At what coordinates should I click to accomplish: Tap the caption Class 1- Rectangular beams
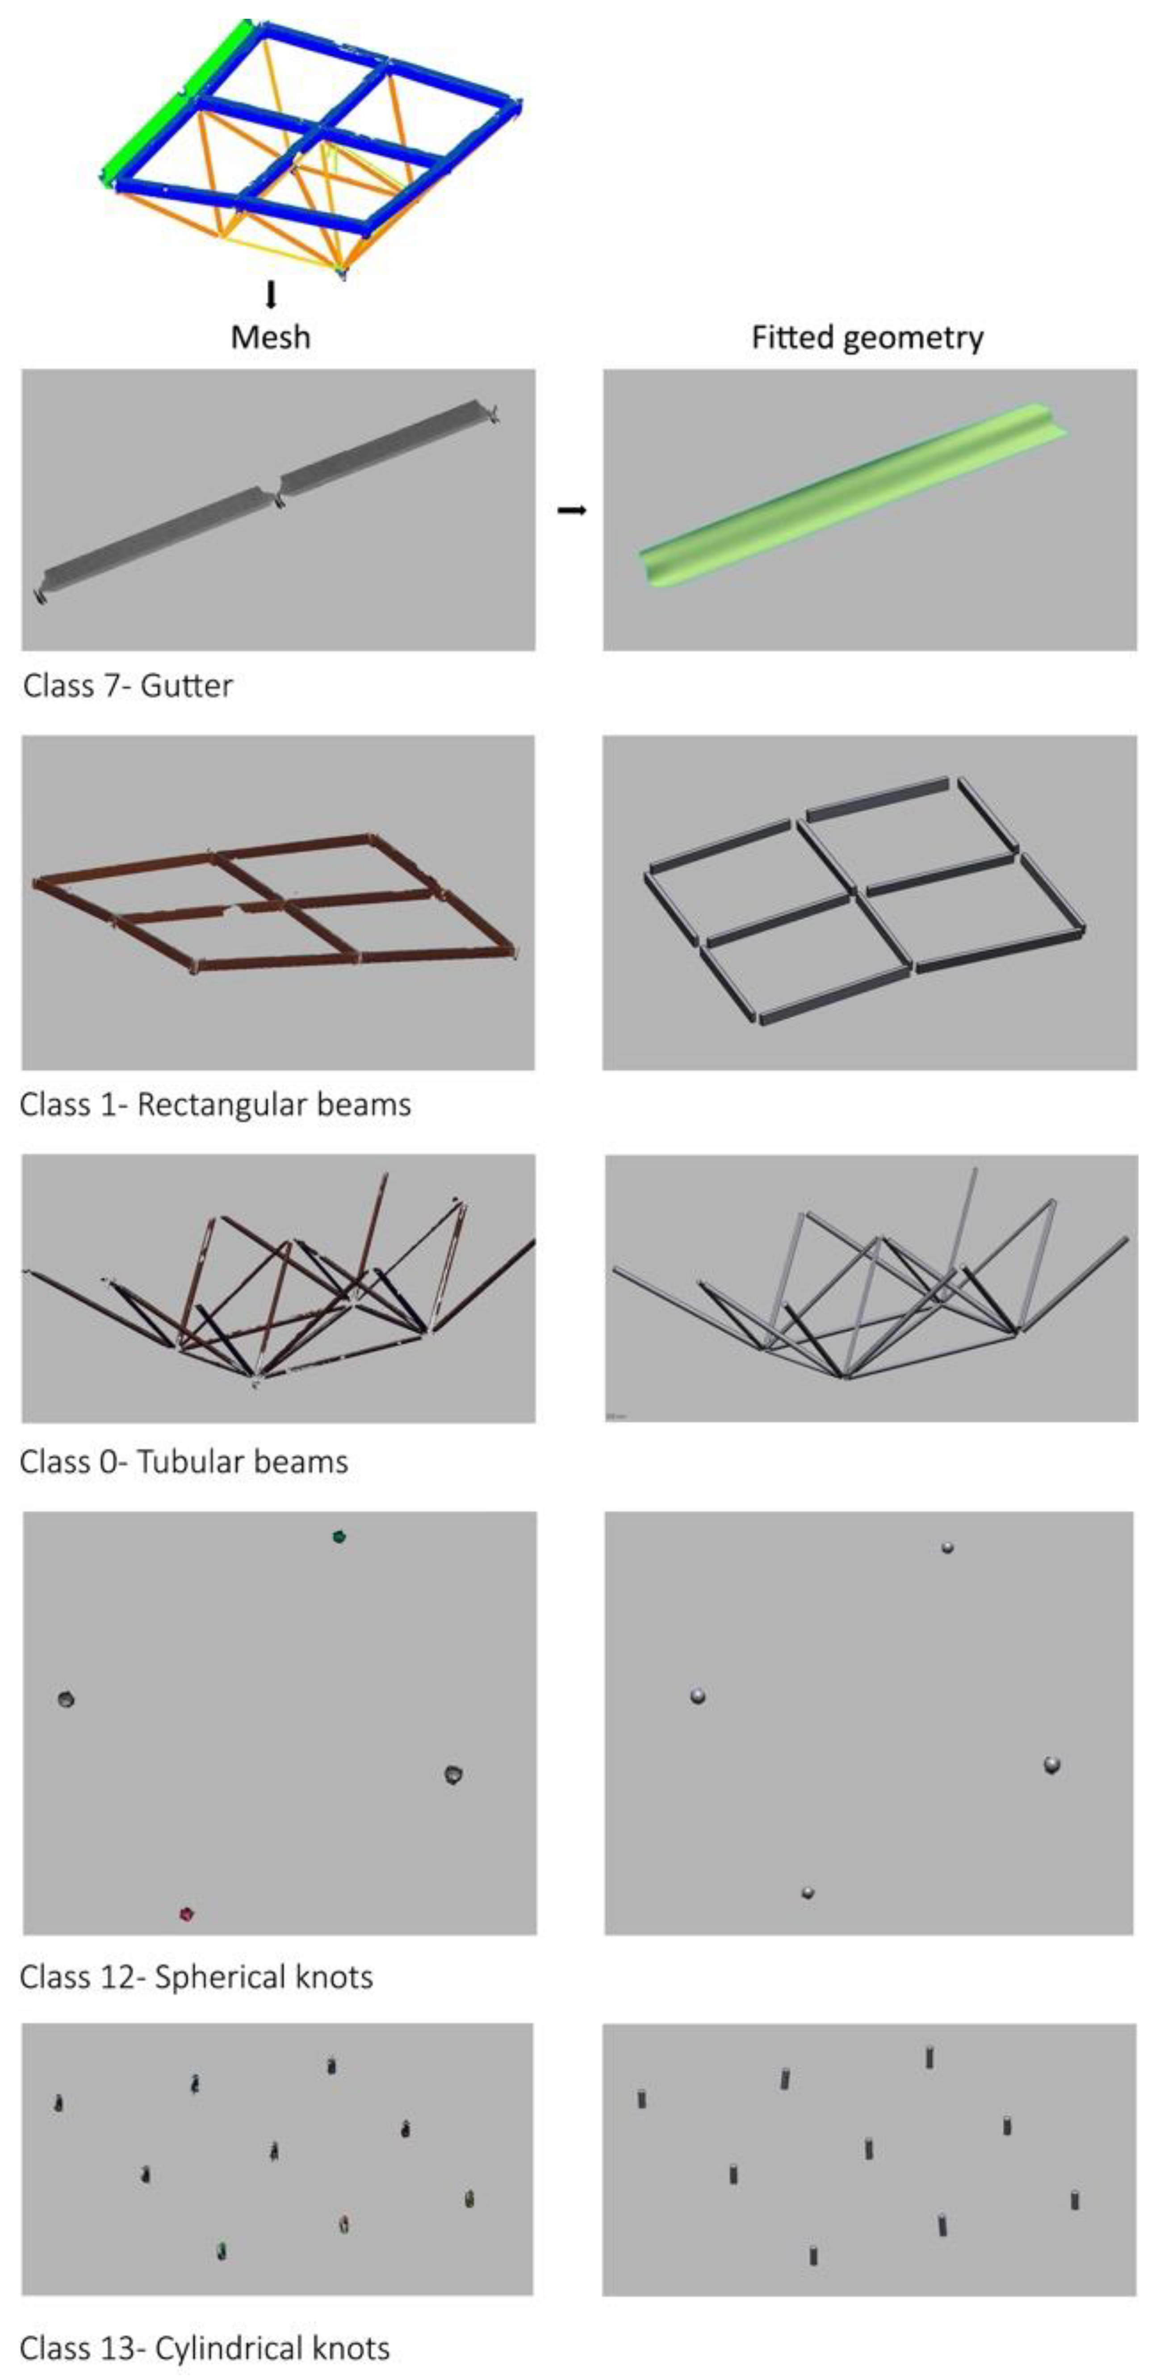point(215,1105)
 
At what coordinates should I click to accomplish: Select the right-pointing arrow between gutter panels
point(572,510)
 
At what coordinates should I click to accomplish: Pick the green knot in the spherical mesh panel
point(339,1536)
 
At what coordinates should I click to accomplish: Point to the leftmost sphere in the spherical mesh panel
point(66,1699)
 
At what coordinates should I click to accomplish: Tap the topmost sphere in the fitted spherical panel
point(947,1547)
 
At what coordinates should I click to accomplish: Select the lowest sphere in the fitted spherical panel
point(808,1893)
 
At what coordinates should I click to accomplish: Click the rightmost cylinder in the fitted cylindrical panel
point(1075,2200)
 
